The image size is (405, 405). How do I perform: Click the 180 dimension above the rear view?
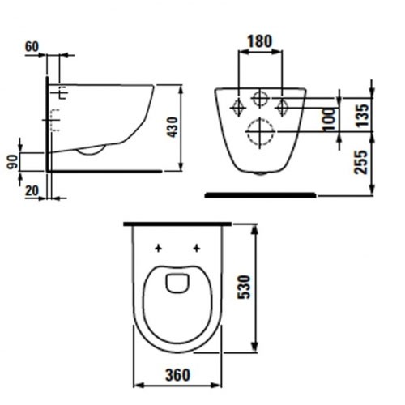click(x=259, y=40)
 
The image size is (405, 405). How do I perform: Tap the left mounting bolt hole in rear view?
click(x=239, y=106)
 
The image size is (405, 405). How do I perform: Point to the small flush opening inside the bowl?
click(x=175, y=283)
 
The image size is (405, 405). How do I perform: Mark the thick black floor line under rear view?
click(x=259, y=194)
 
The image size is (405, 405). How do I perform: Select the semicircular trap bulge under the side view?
click(x=92, y=150)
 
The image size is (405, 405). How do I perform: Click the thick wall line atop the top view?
click(x=177, y=221)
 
